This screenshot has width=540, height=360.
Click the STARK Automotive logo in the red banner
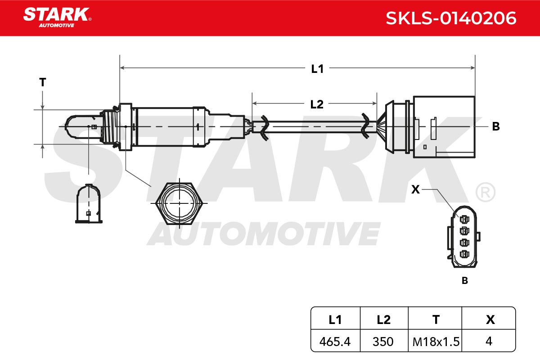point(58,18)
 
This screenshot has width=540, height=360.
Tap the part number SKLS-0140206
point(451,18)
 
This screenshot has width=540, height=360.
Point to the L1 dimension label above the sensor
point(317,69)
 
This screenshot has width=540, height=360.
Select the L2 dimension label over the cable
point(316,104)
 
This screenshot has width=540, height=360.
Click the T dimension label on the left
point(43,82)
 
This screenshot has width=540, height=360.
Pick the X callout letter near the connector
point(415,189)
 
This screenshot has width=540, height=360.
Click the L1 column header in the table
point(335,320)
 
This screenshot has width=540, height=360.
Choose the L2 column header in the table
point(384,320)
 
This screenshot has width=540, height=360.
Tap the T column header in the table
point(436,320)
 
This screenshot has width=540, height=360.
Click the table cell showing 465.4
point(335,342)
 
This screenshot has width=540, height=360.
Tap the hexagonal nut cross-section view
point(179,203)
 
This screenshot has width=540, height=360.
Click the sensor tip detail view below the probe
point(89,204)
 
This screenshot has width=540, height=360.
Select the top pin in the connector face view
point(464,220)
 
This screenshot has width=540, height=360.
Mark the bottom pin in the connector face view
point(464,254)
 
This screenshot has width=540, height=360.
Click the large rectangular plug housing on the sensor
point(444,127)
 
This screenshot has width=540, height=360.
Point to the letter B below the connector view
point(465,281)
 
